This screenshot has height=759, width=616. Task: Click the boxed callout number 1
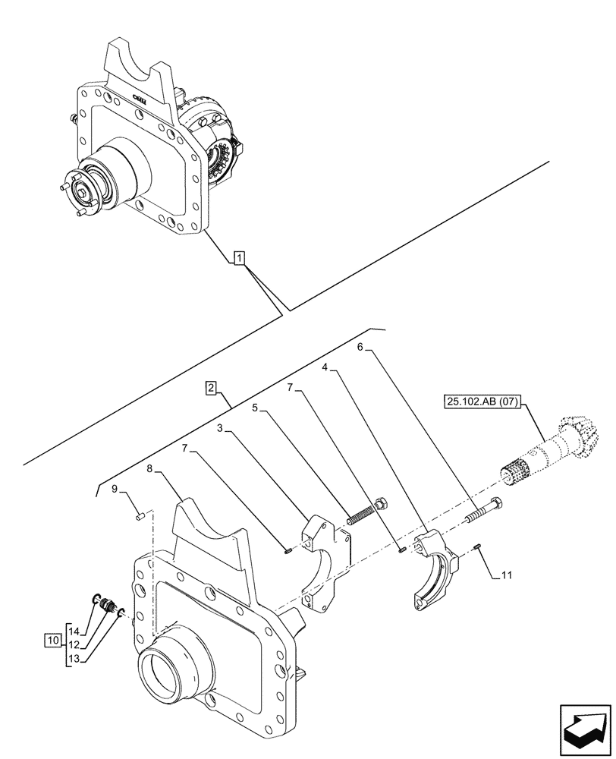(x=239, y=259)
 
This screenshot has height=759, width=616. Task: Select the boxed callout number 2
(x=212, y=389)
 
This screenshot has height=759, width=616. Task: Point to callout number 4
(x=325, y=367)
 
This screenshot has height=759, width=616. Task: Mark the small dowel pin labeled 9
(x=140, y=516)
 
